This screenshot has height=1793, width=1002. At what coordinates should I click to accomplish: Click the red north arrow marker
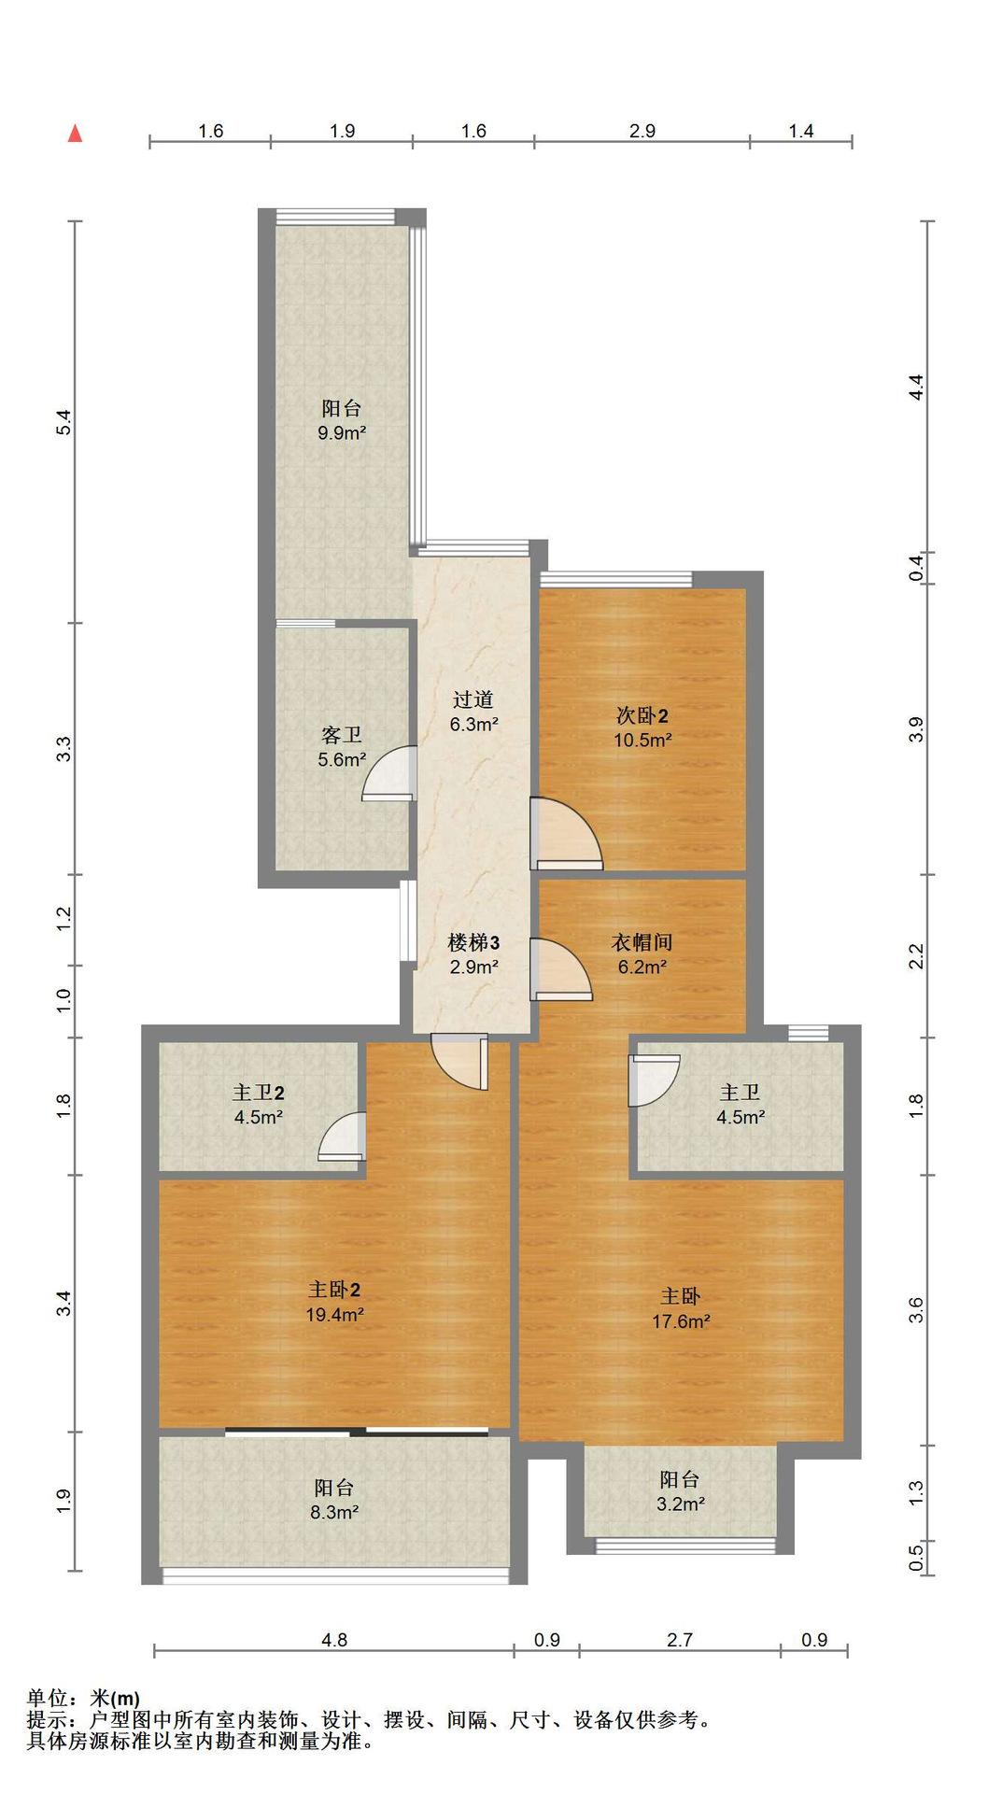[76, 134]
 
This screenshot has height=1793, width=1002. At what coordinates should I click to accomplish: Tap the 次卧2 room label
[642, 716]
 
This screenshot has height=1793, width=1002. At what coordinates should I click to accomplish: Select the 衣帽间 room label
[642, 942]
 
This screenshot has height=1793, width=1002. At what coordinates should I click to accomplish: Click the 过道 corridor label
[473, 699]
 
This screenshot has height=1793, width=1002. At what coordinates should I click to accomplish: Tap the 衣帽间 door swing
[560, 969]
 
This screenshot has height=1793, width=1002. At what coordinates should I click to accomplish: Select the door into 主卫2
[341, 1137]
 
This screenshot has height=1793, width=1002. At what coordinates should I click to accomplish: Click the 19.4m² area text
[335, 1315]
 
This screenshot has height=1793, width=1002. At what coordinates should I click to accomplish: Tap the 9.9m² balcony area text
[341, 433]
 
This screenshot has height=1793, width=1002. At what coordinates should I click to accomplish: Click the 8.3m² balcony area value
[335, 1512]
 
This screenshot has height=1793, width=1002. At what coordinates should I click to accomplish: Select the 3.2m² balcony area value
[680, 1504]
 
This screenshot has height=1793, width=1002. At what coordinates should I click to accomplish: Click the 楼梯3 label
[473, 942]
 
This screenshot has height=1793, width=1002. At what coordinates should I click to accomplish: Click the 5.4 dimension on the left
[64, 423]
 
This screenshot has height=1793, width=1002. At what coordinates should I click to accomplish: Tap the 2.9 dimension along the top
[642, 131]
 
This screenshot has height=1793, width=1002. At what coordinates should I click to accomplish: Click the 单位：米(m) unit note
[83, 1698]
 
